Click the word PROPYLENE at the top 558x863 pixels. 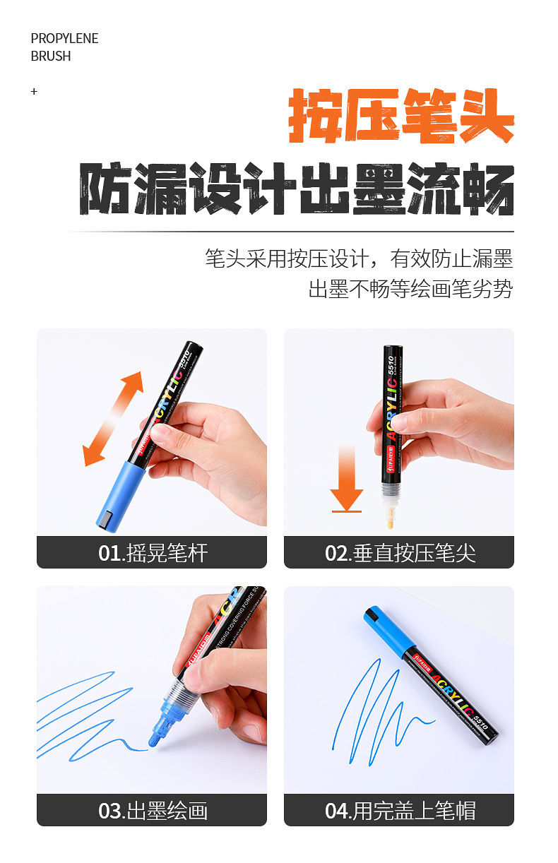tap(64, 39)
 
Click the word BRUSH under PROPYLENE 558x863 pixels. tap(51, 56)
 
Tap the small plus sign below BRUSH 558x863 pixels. tap(34, 92)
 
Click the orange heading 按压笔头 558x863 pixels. tap(400, 117)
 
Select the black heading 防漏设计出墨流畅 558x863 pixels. tap(296, 189)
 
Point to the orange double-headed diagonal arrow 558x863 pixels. tap(113, 418)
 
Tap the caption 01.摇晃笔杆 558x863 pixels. tap(153, 552)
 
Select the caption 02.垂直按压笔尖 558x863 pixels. tap(400, 552)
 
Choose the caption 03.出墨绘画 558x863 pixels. tap(153, 810)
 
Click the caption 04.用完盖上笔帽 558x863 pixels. tap(400, 810)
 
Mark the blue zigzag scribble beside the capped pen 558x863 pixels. tap(374, 706)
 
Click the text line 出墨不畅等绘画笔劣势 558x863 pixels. tap(410, 289)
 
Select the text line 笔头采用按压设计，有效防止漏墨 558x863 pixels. tap(359, 258)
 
